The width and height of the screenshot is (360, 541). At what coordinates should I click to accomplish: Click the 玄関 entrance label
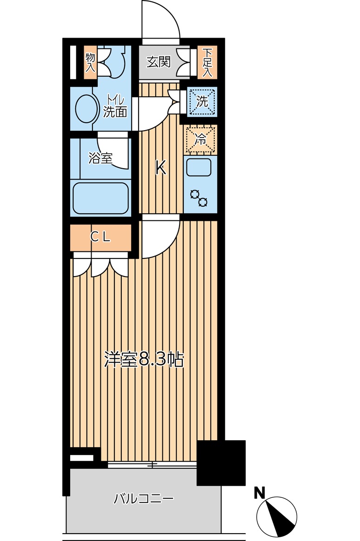(159, 62)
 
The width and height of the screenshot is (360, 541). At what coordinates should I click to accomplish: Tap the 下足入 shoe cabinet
(207, 62)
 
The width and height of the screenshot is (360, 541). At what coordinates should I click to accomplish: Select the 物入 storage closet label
(90, 62)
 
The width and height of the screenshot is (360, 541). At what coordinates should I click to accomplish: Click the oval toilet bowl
(85, 108)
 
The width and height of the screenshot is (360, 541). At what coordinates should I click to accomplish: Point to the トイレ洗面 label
(115, 106)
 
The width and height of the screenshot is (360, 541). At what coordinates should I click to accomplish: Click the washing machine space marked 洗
(202, 102)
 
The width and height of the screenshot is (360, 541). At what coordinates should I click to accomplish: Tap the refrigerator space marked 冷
(200, 139)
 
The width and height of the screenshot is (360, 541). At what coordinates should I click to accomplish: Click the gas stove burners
(199, 198)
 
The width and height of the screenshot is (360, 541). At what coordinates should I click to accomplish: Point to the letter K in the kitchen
(160, 168)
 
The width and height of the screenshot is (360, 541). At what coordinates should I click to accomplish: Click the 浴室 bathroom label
(100, 158)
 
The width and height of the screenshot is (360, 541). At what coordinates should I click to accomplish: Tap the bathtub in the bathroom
(100, 198)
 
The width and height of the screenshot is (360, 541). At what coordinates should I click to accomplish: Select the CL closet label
(100, 237)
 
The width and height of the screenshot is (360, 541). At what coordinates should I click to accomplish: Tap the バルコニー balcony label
(144, 500)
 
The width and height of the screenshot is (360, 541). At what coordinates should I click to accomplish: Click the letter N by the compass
(260, 493)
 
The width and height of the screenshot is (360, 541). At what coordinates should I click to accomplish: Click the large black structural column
(221, 462)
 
